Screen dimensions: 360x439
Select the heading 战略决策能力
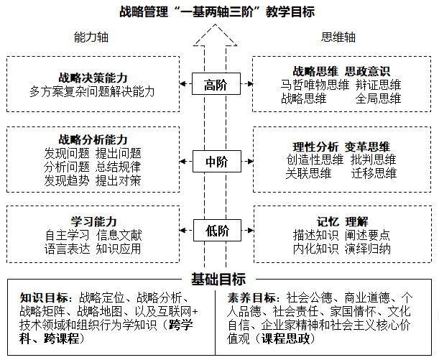[93, 78]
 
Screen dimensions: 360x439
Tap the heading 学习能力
[93, 220]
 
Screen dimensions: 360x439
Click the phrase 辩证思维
[378, 85]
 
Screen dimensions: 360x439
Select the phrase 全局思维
[378, 98]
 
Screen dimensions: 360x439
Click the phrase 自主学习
[67, 234]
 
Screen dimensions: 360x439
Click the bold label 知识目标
[45, 297]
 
